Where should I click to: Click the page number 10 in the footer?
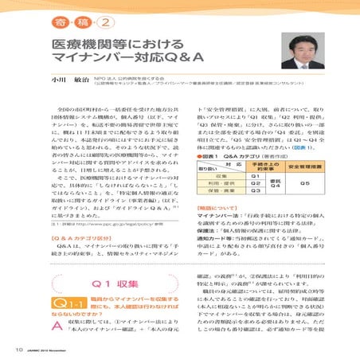coord(17,350)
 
